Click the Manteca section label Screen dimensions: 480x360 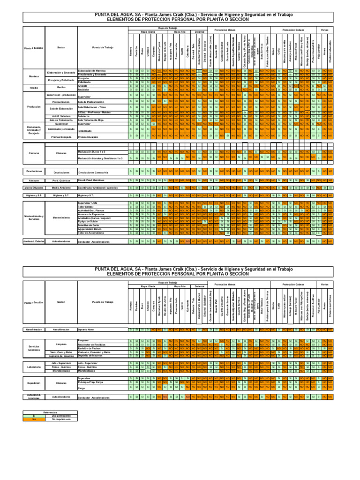[x=34, y=76]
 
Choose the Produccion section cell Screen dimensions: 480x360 [x=34, y=107]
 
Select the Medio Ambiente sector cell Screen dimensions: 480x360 [x=61, y=187]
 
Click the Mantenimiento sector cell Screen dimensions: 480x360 [x=61, y=217]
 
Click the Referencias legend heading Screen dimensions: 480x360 [x=50, y=412]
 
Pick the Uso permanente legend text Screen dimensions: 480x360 [x=60, y=416]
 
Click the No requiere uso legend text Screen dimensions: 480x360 [x=60, y=419]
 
